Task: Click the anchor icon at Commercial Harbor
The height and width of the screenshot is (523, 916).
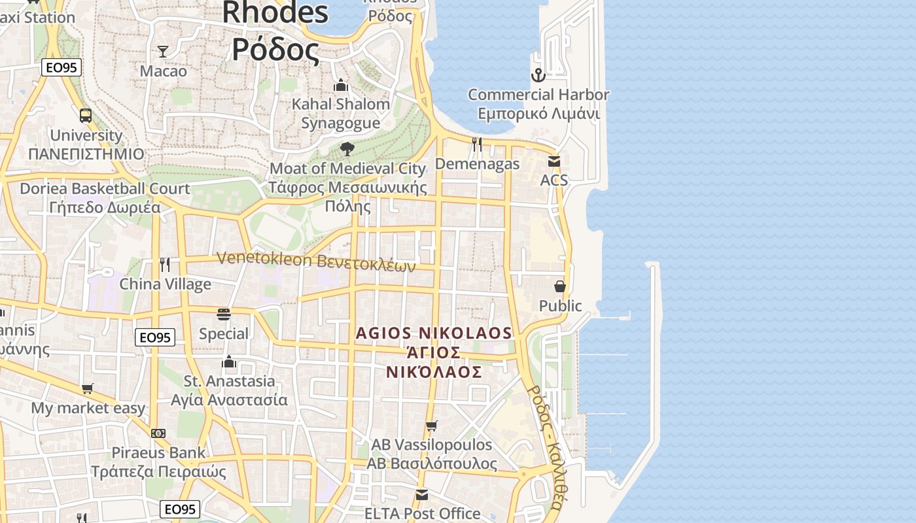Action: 538,75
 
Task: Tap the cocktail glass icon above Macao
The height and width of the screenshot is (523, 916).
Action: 163,52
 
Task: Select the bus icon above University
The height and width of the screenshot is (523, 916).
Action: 86,116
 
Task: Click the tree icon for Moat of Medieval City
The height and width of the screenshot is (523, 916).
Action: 347,149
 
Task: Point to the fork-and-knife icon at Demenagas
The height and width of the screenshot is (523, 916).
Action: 477,144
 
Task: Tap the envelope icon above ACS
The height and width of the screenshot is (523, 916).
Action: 554,161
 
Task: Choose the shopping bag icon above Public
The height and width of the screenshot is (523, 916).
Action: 560,286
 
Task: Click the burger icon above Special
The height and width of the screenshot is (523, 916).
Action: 224,314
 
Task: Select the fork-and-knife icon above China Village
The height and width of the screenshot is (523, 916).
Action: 165,264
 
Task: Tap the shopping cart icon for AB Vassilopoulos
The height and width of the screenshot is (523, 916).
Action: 431,426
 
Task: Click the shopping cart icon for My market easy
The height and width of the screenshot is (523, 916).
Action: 88,389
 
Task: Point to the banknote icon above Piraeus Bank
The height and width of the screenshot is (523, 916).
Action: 158,433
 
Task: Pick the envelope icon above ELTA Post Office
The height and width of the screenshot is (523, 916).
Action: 422,494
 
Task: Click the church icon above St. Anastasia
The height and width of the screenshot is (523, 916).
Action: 229,362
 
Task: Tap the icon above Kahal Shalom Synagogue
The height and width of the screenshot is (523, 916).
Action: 340,86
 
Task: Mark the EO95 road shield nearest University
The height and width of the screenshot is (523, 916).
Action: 61,67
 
